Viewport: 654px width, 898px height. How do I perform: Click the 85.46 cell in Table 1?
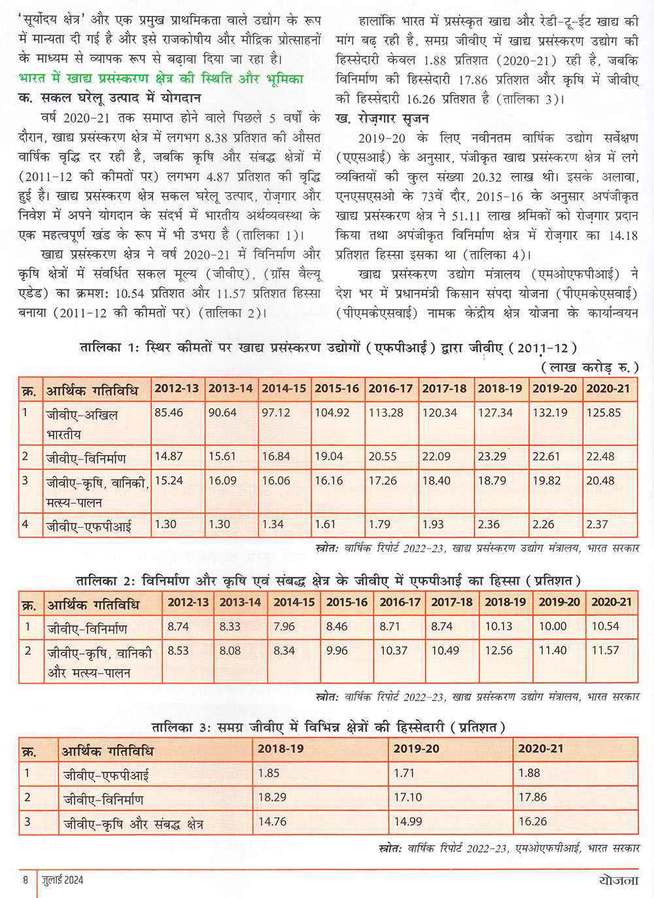pos(169,413)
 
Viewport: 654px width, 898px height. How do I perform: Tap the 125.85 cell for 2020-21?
pos(604,413)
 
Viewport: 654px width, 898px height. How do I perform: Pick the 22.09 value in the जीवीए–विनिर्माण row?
pos(436,457)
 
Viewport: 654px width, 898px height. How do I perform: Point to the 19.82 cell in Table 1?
pos(546,481)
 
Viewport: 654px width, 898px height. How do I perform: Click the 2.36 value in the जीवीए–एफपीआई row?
pos(489,525)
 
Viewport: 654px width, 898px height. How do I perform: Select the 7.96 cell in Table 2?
pos(284,627)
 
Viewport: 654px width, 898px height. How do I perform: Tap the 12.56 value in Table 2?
pos(499,651)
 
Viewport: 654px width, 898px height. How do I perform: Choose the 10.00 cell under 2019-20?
pos(553,627)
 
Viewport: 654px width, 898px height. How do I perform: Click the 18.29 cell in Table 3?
pos(272,797)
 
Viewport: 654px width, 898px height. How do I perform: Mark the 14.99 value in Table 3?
pos(407,821)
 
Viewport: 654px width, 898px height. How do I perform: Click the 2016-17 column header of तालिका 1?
pos(390,389)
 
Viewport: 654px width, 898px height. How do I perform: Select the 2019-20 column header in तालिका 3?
pos(417,749)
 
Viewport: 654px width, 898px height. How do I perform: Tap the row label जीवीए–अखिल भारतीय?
pos(82,423)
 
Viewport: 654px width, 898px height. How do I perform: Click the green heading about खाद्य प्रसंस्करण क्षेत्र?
pos(161,79)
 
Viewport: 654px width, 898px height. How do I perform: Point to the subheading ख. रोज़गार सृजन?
pos(383,118)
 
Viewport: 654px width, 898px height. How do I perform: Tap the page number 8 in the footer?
pos(26,880)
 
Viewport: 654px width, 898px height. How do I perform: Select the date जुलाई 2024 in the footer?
pos(63,880)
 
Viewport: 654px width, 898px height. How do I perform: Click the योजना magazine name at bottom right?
pos(618,880)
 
